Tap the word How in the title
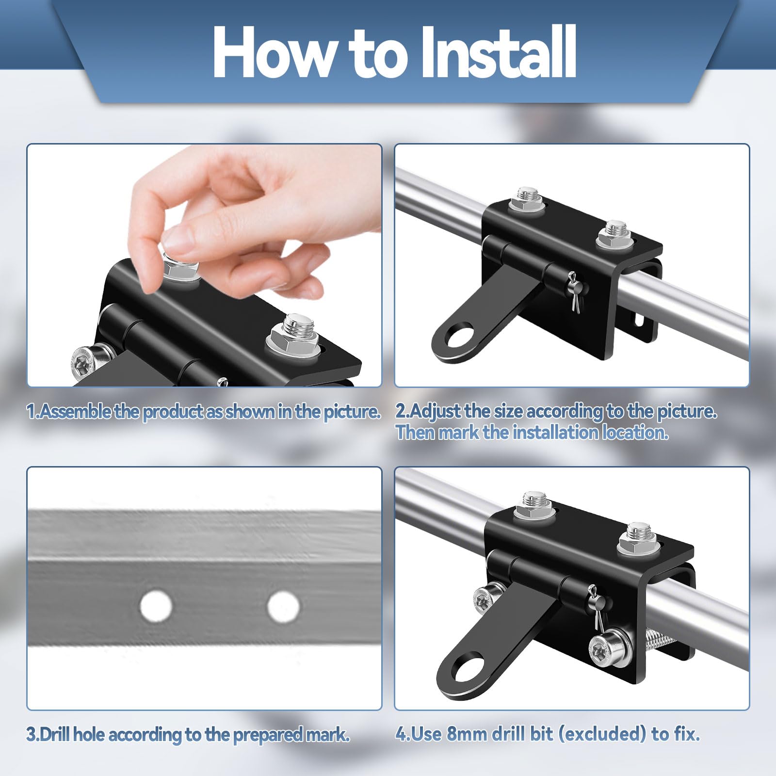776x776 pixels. click(x=276, y=52)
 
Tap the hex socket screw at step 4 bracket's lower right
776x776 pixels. click(x=608, y=647)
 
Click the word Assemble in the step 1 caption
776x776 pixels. click(x=75, y=411)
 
